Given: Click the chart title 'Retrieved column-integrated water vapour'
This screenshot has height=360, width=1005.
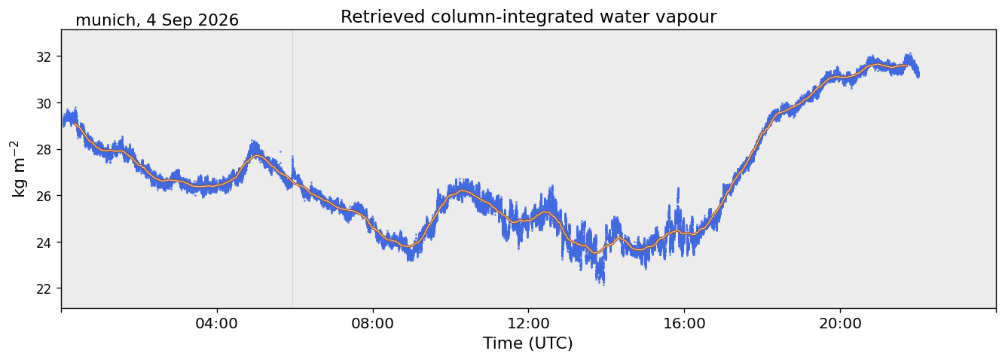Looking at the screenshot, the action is click(x=529, y=17).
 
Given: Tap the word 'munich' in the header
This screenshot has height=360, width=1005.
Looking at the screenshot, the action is click(x=105, y=20).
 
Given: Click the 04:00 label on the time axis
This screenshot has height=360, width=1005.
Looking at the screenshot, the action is click(x=217, y=323).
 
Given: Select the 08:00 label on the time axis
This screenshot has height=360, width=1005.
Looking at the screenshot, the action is click(x=373, y=323).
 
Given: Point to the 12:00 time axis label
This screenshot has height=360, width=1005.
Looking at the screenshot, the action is click(x=529, y=323).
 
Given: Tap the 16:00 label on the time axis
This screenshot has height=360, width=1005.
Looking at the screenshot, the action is click(x=684, y=323).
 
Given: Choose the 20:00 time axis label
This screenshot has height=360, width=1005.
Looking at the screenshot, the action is click(x=840, y=323).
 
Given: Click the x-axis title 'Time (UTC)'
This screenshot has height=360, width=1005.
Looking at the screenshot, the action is click(x=528, y=343).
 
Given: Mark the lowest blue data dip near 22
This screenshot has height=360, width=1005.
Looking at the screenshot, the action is click(x=602, y=282).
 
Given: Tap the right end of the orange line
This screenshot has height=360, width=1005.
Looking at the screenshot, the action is click(x=907, y=66).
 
